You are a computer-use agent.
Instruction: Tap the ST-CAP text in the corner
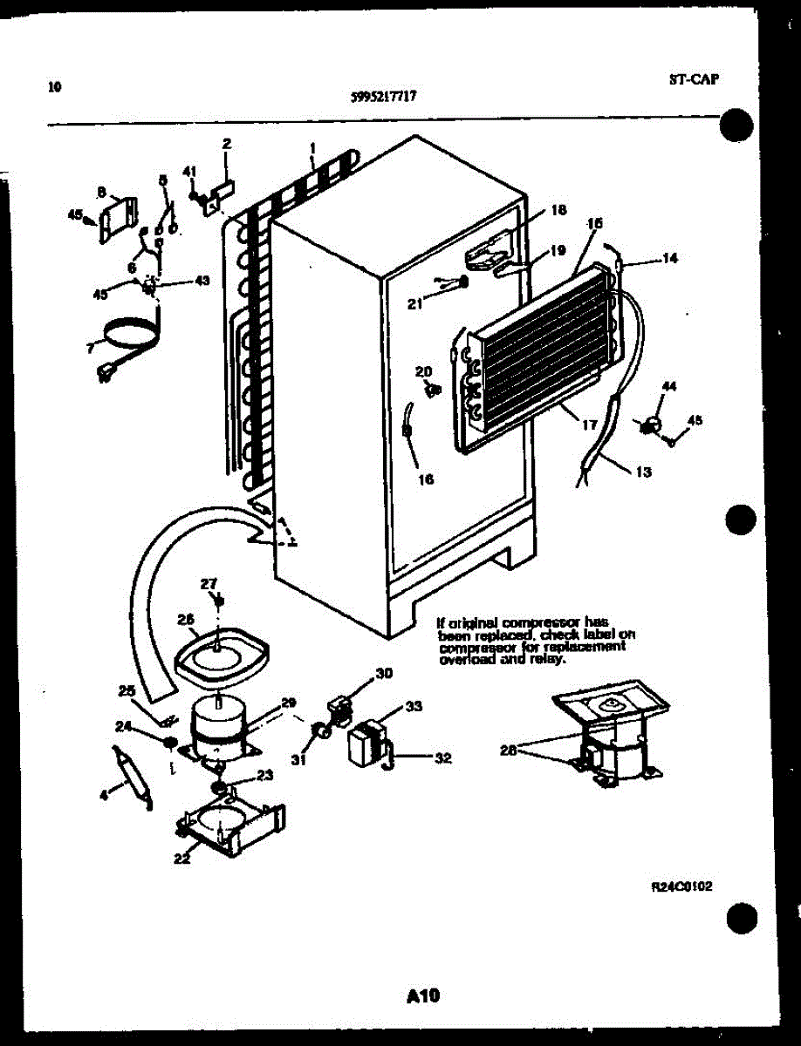(x=693, y=78)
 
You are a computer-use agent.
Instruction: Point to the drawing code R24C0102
(x=682, y=886)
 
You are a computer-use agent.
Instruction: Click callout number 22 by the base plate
(x=181, y=858)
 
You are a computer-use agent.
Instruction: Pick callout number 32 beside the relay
(x=442, y=758)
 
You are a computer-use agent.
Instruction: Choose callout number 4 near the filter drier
(x=105, y=794)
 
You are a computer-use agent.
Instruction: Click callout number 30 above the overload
(x=384, y=672)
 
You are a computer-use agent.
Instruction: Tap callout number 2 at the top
(x=227, y=144)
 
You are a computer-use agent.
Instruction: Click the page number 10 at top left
(x=56, y=86)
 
